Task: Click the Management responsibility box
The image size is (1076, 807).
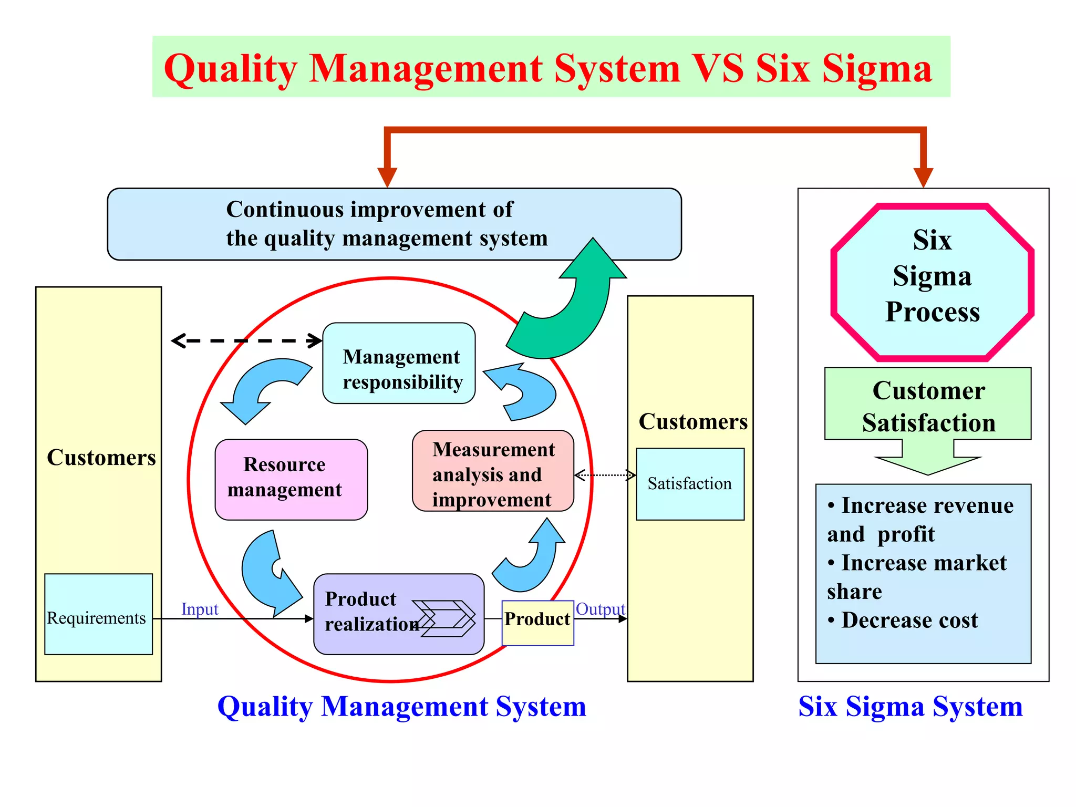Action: (x=399, y=363)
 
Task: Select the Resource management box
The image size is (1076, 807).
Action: (x=291, y=479)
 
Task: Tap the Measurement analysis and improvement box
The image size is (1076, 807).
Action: (x=493, y=471)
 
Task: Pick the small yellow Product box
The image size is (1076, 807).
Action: (x=537, y=623)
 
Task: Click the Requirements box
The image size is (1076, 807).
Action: (x=98, y=614)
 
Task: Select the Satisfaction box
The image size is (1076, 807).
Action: (x=690, y=484)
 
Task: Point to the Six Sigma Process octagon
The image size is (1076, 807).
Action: (x=932, y=282)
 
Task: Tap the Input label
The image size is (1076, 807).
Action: (x=200, y=609)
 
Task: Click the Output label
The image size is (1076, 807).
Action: (x=601, y=609)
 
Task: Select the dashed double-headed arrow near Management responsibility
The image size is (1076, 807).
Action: (x=247, y=340)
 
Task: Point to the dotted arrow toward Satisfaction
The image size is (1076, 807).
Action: (x=605, y=475)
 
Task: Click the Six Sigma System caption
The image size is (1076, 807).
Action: (x=911, y=707)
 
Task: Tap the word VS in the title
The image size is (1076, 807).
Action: (x=717, y=68)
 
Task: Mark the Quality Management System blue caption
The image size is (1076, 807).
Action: (x=401, y=707)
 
